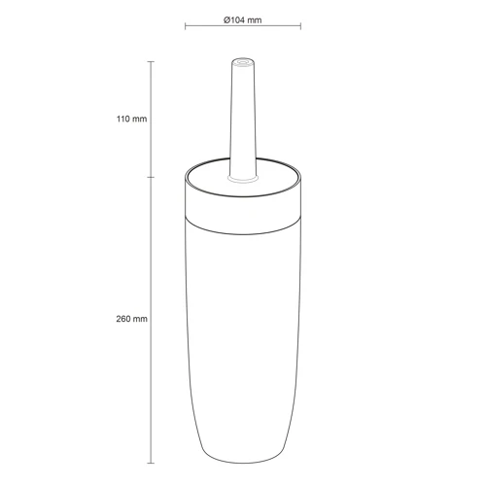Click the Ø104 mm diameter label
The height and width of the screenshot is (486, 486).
(243, 20)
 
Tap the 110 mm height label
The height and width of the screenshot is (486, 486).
(131, 119)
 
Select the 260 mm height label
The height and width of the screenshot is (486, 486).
(131, 319)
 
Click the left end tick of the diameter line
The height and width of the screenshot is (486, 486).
(185, 26)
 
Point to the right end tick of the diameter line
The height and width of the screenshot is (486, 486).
(300, 26)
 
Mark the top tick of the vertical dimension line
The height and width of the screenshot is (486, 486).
(151, 61)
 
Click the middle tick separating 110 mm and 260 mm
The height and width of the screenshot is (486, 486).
(151, 177)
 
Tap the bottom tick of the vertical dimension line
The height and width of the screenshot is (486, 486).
(151, 463)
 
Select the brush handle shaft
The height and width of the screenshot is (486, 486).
(243, 119)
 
